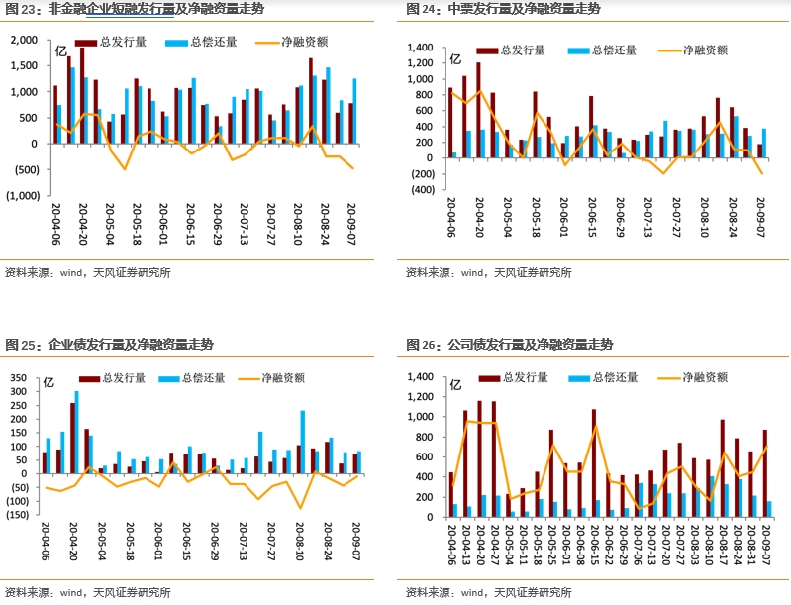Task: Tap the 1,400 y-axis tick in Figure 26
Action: pyautogui.click(x=421, y=378)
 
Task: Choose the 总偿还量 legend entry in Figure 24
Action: pyautogui.click(x=599, y=50)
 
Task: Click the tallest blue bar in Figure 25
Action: pyautogui.click(x=76, y=432)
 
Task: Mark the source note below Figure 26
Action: pyautogui.click(x=489, y=592)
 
